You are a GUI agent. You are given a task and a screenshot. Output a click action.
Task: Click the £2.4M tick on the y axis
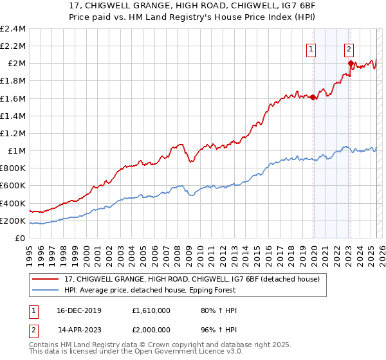(x=13, y=28)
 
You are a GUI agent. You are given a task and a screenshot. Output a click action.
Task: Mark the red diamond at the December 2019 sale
(x=313, y=98)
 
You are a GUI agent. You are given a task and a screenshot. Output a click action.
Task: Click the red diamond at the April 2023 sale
(x=351, y=63)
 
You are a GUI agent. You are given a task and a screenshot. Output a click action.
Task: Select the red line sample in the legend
(x=46, y=279)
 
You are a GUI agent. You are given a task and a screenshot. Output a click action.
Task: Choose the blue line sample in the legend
(x=46, y=290)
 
